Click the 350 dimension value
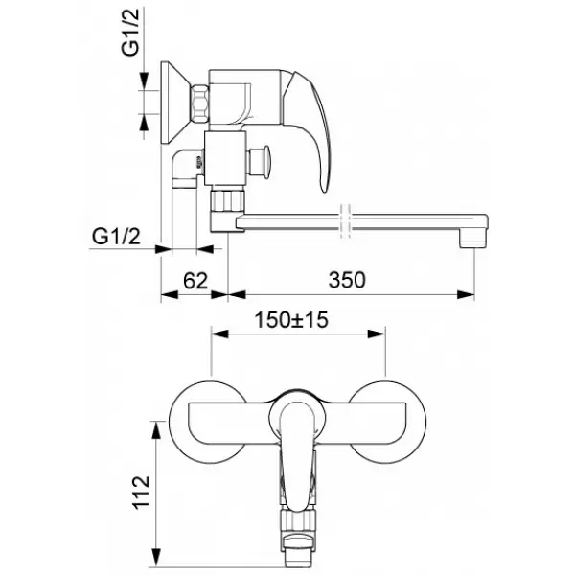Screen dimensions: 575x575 pos(346,281)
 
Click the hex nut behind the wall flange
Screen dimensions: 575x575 pos(199,103)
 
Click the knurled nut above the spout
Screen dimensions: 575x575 pos(227,200)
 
